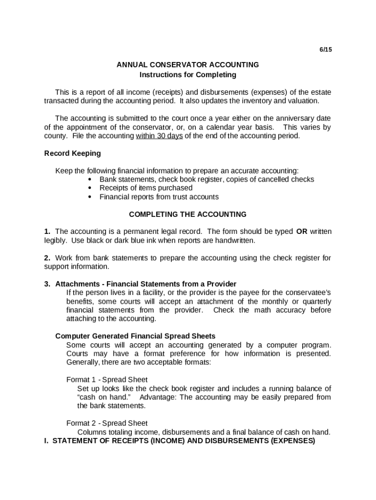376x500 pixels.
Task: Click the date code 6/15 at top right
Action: point(326,50)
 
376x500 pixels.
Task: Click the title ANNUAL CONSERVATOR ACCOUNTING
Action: point(188,64)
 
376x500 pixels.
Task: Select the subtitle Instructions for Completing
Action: point(188,75)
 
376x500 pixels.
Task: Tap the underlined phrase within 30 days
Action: point(159,136)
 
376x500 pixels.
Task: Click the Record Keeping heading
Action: point(72,153)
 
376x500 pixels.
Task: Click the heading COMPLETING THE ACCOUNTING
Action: point(188,214)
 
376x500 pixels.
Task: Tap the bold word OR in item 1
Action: point(301,231)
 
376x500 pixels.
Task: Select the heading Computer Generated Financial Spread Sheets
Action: point(135,336)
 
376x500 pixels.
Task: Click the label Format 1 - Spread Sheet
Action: point(107,379)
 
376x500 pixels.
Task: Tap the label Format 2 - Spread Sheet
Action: point(107,423)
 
